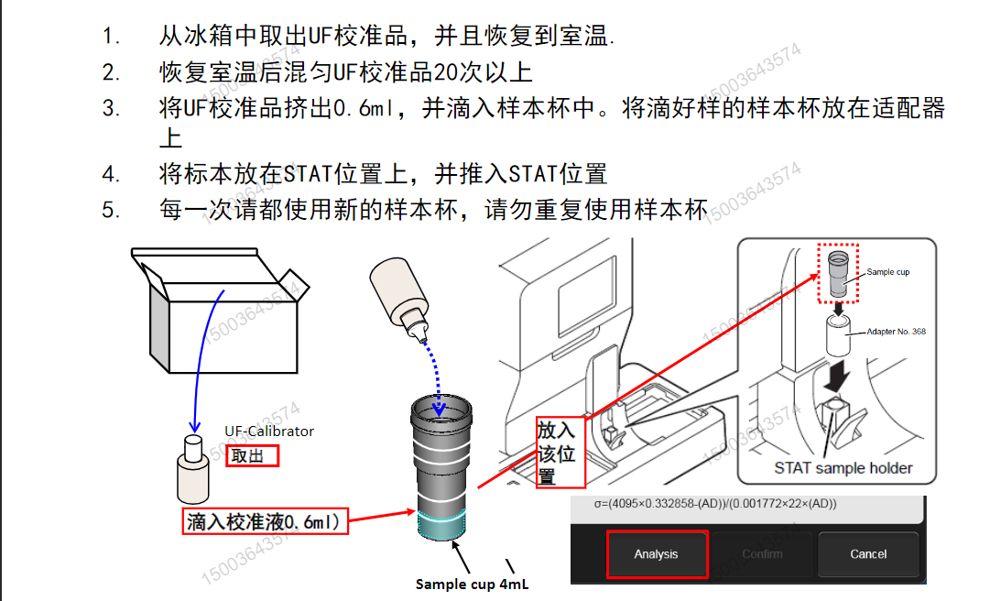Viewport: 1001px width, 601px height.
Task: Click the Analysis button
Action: click(657, 554)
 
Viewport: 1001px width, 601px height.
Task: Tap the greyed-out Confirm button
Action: click(762, 554)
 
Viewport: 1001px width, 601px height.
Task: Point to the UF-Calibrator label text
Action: click(269, 431)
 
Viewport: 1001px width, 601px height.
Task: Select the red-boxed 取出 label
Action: click(253, 455)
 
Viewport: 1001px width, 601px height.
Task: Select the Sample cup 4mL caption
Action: click(472, 584)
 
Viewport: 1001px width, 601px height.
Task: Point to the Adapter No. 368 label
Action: click(895, 332)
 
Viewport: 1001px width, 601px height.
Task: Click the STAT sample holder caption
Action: click(843, 468)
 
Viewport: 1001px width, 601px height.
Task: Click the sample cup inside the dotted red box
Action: click(837, 274)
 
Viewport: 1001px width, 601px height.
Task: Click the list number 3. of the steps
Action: click(111, 108)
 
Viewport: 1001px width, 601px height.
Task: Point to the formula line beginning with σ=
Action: click(703, 503)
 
